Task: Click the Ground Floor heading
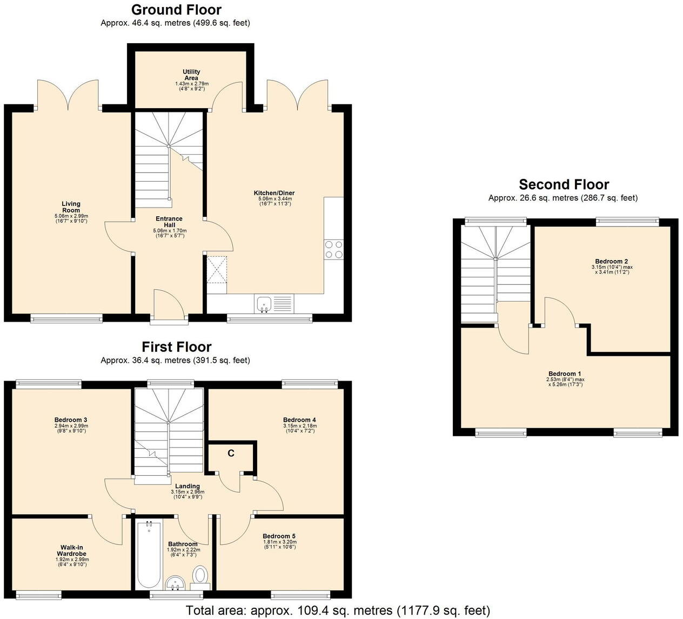click(176, 10)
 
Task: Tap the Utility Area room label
click(191, 75)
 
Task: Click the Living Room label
click(71, 207)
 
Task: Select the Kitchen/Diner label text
click(274, 193)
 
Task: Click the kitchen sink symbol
click(264, 304)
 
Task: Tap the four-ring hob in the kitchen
click(333, 249)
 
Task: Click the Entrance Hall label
click(169, 222)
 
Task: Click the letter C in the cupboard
click(231, 453)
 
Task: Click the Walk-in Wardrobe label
click(72, 551)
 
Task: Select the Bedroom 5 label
click(279, 536)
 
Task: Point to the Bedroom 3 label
click(71, 420)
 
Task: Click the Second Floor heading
click(564, 185)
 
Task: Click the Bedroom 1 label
click(565, 374)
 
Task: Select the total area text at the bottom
click(338, 611)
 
